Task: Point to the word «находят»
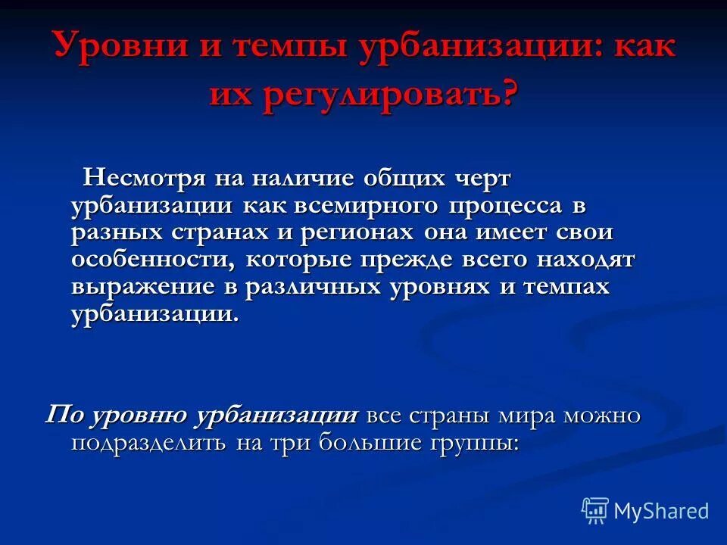point(585,260)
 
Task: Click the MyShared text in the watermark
point(661,511)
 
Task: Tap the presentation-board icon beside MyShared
point(594,510)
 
